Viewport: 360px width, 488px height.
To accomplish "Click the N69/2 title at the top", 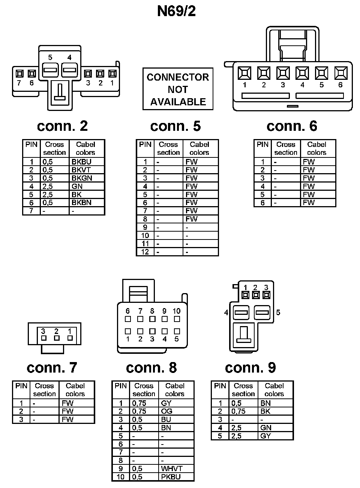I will [176, 11].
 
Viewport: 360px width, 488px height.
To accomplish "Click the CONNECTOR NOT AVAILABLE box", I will [178, 89].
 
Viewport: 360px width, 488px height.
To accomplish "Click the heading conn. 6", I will [292, 126].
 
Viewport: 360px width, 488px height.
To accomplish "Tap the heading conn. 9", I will [250, 368].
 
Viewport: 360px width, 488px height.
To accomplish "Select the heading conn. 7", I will [52, 368].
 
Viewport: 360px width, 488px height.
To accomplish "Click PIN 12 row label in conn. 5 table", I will [145, 252].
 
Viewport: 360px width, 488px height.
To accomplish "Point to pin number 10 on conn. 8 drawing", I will [176, 311].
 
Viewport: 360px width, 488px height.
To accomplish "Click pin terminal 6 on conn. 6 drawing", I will [340, 73].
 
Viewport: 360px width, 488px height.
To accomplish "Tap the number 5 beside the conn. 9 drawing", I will [278, 313].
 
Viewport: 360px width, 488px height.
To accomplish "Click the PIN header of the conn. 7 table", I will [21, 386].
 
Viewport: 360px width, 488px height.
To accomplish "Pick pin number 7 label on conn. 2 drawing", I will [19, 83].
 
